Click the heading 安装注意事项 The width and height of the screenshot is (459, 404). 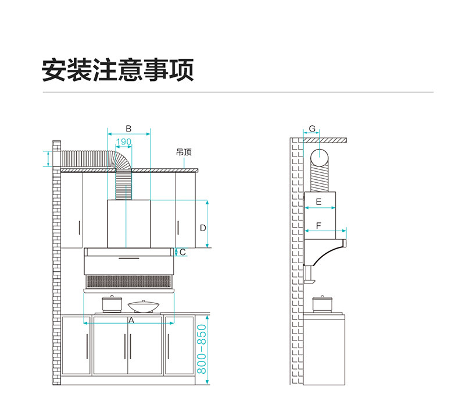(117, 70)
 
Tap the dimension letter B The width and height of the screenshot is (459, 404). (129, 128)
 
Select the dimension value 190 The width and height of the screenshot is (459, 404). (124, 142)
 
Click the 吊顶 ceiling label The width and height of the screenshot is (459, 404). (184, 153)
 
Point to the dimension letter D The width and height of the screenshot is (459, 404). (203, 228)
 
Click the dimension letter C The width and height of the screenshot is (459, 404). (182, 252)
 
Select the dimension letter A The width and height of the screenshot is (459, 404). (131, 320)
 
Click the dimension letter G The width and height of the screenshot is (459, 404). (312, 128)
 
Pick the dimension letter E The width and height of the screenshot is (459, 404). (318, 202)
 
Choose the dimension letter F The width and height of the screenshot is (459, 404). (318, 225)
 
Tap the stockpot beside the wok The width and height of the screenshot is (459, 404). (109, 304)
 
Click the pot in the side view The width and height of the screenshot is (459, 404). (320, 303)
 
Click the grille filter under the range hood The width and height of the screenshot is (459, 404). (129, 282)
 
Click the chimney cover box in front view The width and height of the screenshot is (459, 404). (129, 224)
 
